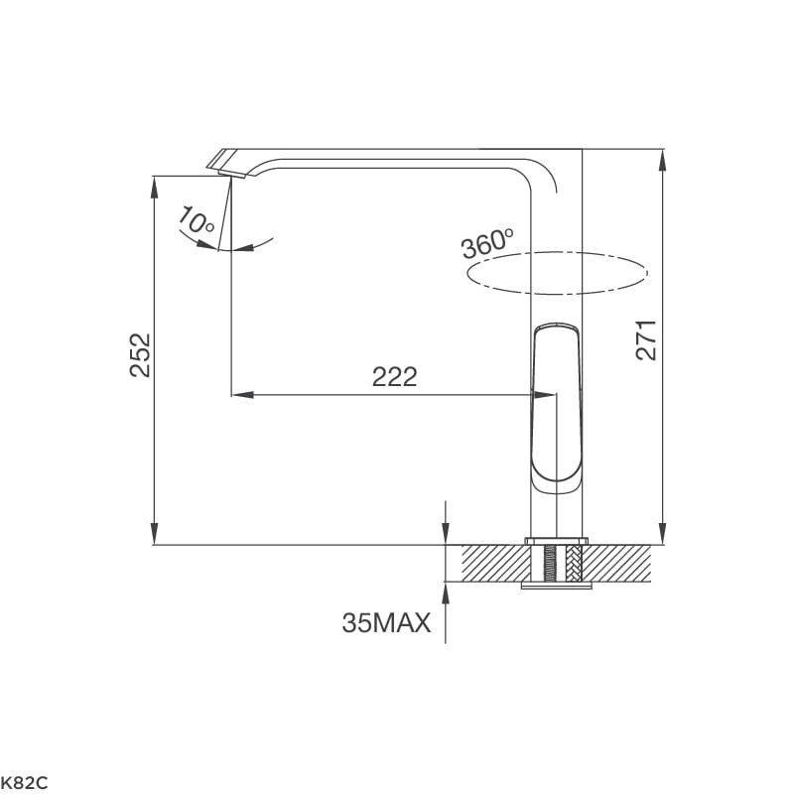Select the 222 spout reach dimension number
(394, 377)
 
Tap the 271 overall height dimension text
(646, 340)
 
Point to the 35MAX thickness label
(386, 623)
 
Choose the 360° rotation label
(487, 242)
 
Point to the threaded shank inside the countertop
(556, 563)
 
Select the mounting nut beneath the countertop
(556, 586)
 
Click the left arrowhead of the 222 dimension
(239, 394)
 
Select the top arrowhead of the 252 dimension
(154, 186)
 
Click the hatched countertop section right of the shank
(620, 563)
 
